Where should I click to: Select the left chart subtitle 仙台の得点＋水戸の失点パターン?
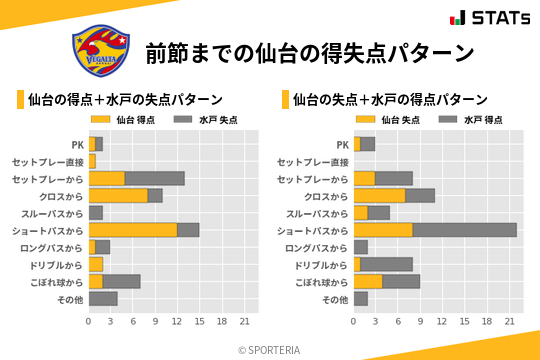(125, 99)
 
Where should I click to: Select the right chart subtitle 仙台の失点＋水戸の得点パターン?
(390, 99)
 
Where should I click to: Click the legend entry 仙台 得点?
(123, 119)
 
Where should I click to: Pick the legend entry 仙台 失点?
(388, 119)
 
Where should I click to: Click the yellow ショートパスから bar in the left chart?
(133, 230)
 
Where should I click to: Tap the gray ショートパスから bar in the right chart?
(464, 230)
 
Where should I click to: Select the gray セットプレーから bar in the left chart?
(155, 178)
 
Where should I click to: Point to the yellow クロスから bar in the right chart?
(379, 195)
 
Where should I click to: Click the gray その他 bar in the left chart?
(103, 299)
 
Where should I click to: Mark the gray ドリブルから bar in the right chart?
(397, 264)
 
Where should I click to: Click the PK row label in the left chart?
(77, 144)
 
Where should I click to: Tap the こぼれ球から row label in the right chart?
(318, 282)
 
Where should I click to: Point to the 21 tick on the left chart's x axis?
(244, 322)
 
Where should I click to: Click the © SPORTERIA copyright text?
(270, 350)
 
